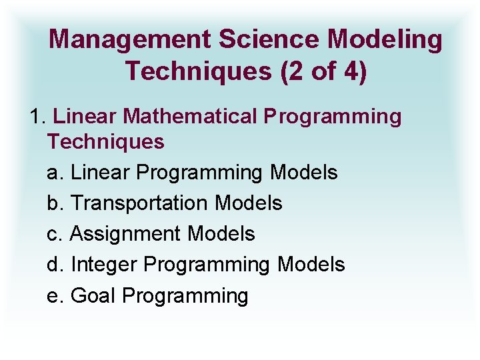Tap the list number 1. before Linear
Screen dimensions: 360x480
point(38,116)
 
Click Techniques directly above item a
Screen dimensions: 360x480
point(105,141)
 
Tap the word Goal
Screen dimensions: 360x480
point(93,295)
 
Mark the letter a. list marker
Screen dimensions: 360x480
point(55,173)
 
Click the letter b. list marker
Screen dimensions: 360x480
point(55,203)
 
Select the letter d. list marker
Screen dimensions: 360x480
point(55,265)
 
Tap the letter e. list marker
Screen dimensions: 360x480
point(55,295)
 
